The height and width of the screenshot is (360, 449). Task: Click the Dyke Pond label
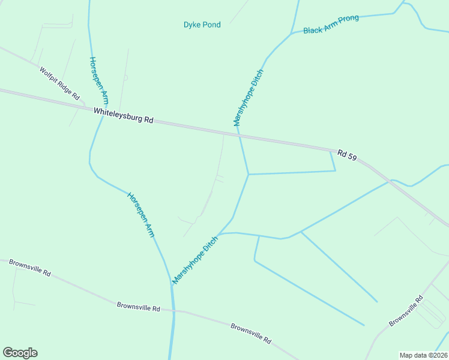[x=202, y=25]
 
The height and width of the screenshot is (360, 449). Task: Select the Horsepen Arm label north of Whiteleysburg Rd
[x=99, y=80]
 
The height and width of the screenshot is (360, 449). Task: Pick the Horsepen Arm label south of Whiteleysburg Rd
[x=140, y=214]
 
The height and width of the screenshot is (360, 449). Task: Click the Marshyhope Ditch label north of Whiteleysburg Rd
[x=249, y=97]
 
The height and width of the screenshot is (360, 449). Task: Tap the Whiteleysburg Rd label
[x=123, y=115]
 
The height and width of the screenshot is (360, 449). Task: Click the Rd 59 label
[x=347, y=155]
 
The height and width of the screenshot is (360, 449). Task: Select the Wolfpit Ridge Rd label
[x=59, y=83]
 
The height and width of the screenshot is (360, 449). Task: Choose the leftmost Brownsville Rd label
[x=30, y=268]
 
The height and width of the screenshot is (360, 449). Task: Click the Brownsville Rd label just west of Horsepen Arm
[x=139, y=307]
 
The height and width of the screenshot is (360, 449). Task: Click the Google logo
[x=20, y=353]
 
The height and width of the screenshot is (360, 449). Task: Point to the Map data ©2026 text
[x=423, y=355]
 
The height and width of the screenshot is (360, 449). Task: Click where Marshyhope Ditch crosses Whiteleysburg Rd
[x=239, y=133]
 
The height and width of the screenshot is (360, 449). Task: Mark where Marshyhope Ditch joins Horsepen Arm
[x=171, y=286]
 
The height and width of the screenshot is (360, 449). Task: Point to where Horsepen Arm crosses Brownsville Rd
[x=173, y=311]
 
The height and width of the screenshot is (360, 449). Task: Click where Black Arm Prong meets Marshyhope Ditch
[x=292, y=34]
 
